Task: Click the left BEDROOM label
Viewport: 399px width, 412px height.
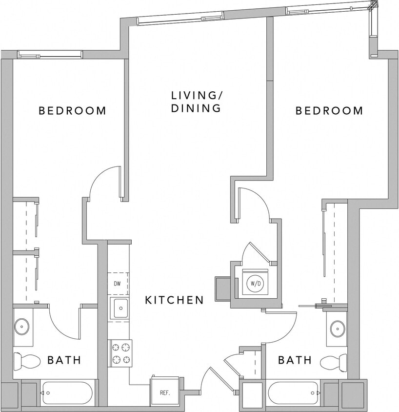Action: (x=72, y=111)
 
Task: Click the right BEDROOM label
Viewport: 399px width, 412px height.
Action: (x=329, y=111)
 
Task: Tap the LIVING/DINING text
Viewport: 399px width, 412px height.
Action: (x=196, y=102)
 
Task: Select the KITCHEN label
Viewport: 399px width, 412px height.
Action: (x=174, y=300)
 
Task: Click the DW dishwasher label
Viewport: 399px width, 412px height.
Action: (x=118, y=284)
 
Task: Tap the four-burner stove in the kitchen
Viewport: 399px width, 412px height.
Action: (x=120, y=353)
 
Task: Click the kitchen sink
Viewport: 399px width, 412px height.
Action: (x=119, y=309)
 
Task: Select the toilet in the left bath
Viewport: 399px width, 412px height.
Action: (x=26, y=361)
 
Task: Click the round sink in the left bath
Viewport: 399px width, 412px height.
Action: (x=22, y=326)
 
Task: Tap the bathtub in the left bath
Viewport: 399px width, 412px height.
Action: (x=67, y=393)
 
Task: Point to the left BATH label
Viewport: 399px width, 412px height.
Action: (x=64, y=361)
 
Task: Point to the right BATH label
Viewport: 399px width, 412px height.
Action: (x=295, y=360)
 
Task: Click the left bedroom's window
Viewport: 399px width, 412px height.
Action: (x=50, y=54)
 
